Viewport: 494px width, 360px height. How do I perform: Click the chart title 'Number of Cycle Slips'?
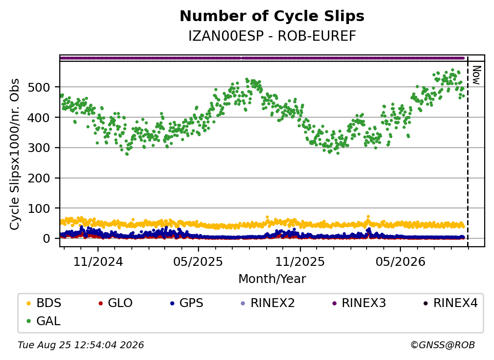coord(272,16)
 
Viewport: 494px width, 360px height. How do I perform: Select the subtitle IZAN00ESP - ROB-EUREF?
coord(272,36)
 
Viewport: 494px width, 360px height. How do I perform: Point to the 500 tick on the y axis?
coord(39,87)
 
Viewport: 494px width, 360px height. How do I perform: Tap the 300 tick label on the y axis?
coord(39,148)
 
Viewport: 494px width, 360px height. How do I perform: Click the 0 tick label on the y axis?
coord(47,239)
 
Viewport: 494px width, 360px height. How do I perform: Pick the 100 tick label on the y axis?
coord(39,208)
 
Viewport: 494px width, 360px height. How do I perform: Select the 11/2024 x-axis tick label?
coord(98,261)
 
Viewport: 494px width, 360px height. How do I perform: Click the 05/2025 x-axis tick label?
coord(198,261)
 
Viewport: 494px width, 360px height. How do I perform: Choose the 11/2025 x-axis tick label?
coord(300,261)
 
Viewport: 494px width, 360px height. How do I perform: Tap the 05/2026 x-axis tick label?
coord(400,261)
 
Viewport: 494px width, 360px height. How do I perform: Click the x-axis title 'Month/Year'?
coord(272,279)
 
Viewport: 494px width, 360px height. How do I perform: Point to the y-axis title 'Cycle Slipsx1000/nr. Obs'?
coord(15,154)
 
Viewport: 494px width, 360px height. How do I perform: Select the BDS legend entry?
coord(44,303)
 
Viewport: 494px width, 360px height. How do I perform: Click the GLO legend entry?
coord(115,303)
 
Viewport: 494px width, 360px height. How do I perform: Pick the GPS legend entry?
coord(187,303)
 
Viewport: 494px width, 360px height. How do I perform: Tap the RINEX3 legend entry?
coord(359,303)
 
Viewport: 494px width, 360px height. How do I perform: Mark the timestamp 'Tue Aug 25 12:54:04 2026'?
coord(81,345)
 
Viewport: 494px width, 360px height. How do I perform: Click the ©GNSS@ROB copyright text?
coord(443,345)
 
